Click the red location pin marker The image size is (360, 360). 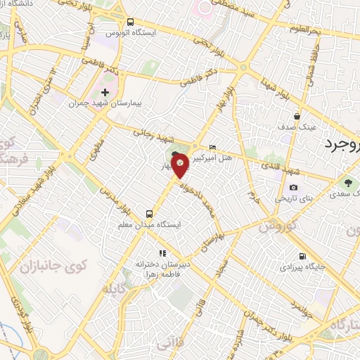(181, 165)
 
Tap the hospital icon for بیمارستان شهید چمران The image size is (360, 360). (105, 92)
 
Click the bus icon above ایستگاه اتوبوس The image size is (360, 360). (131, 22)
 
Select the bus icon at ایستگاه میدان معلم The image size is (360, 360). (148, 213)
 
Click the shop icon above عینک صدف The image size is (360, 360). (298, 116)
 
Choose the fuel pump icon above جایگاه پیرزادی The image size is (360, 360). (302, 256)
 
